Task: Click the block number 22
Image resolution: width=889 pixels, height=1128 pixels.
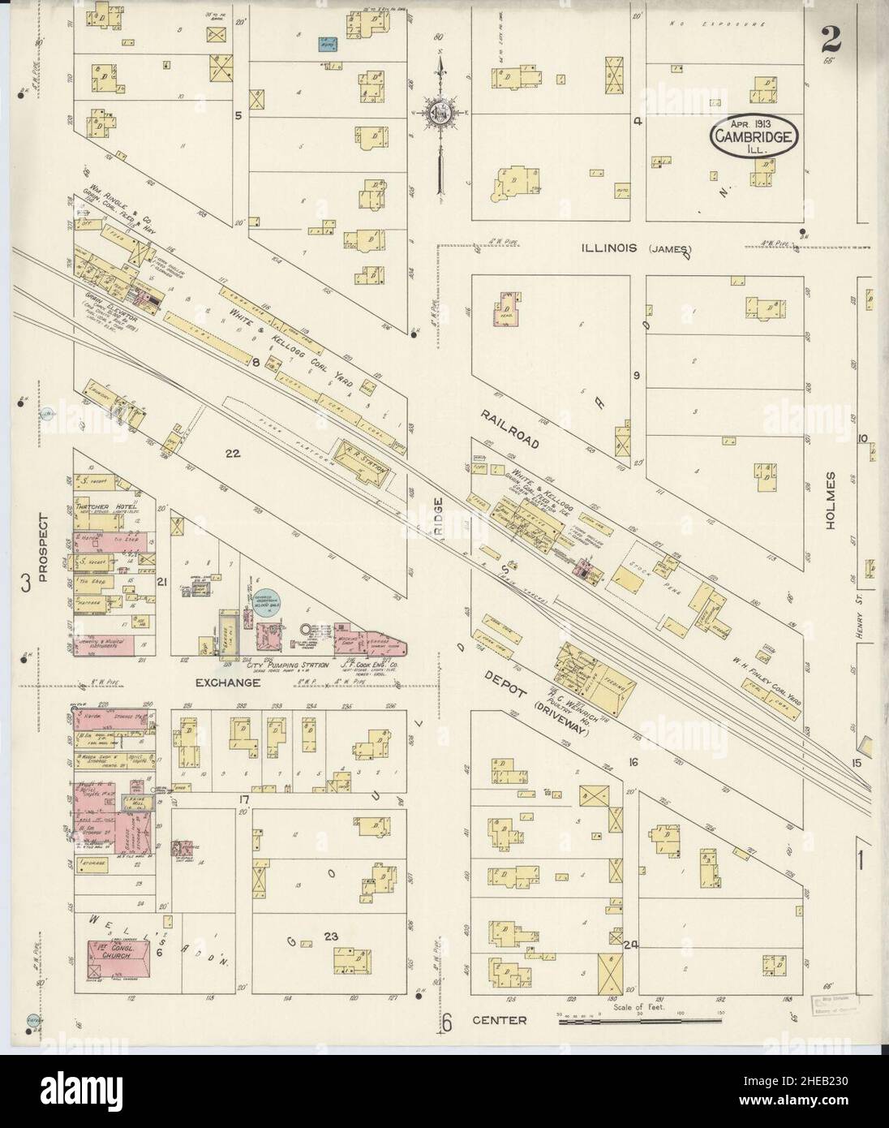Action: point(234,454)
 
